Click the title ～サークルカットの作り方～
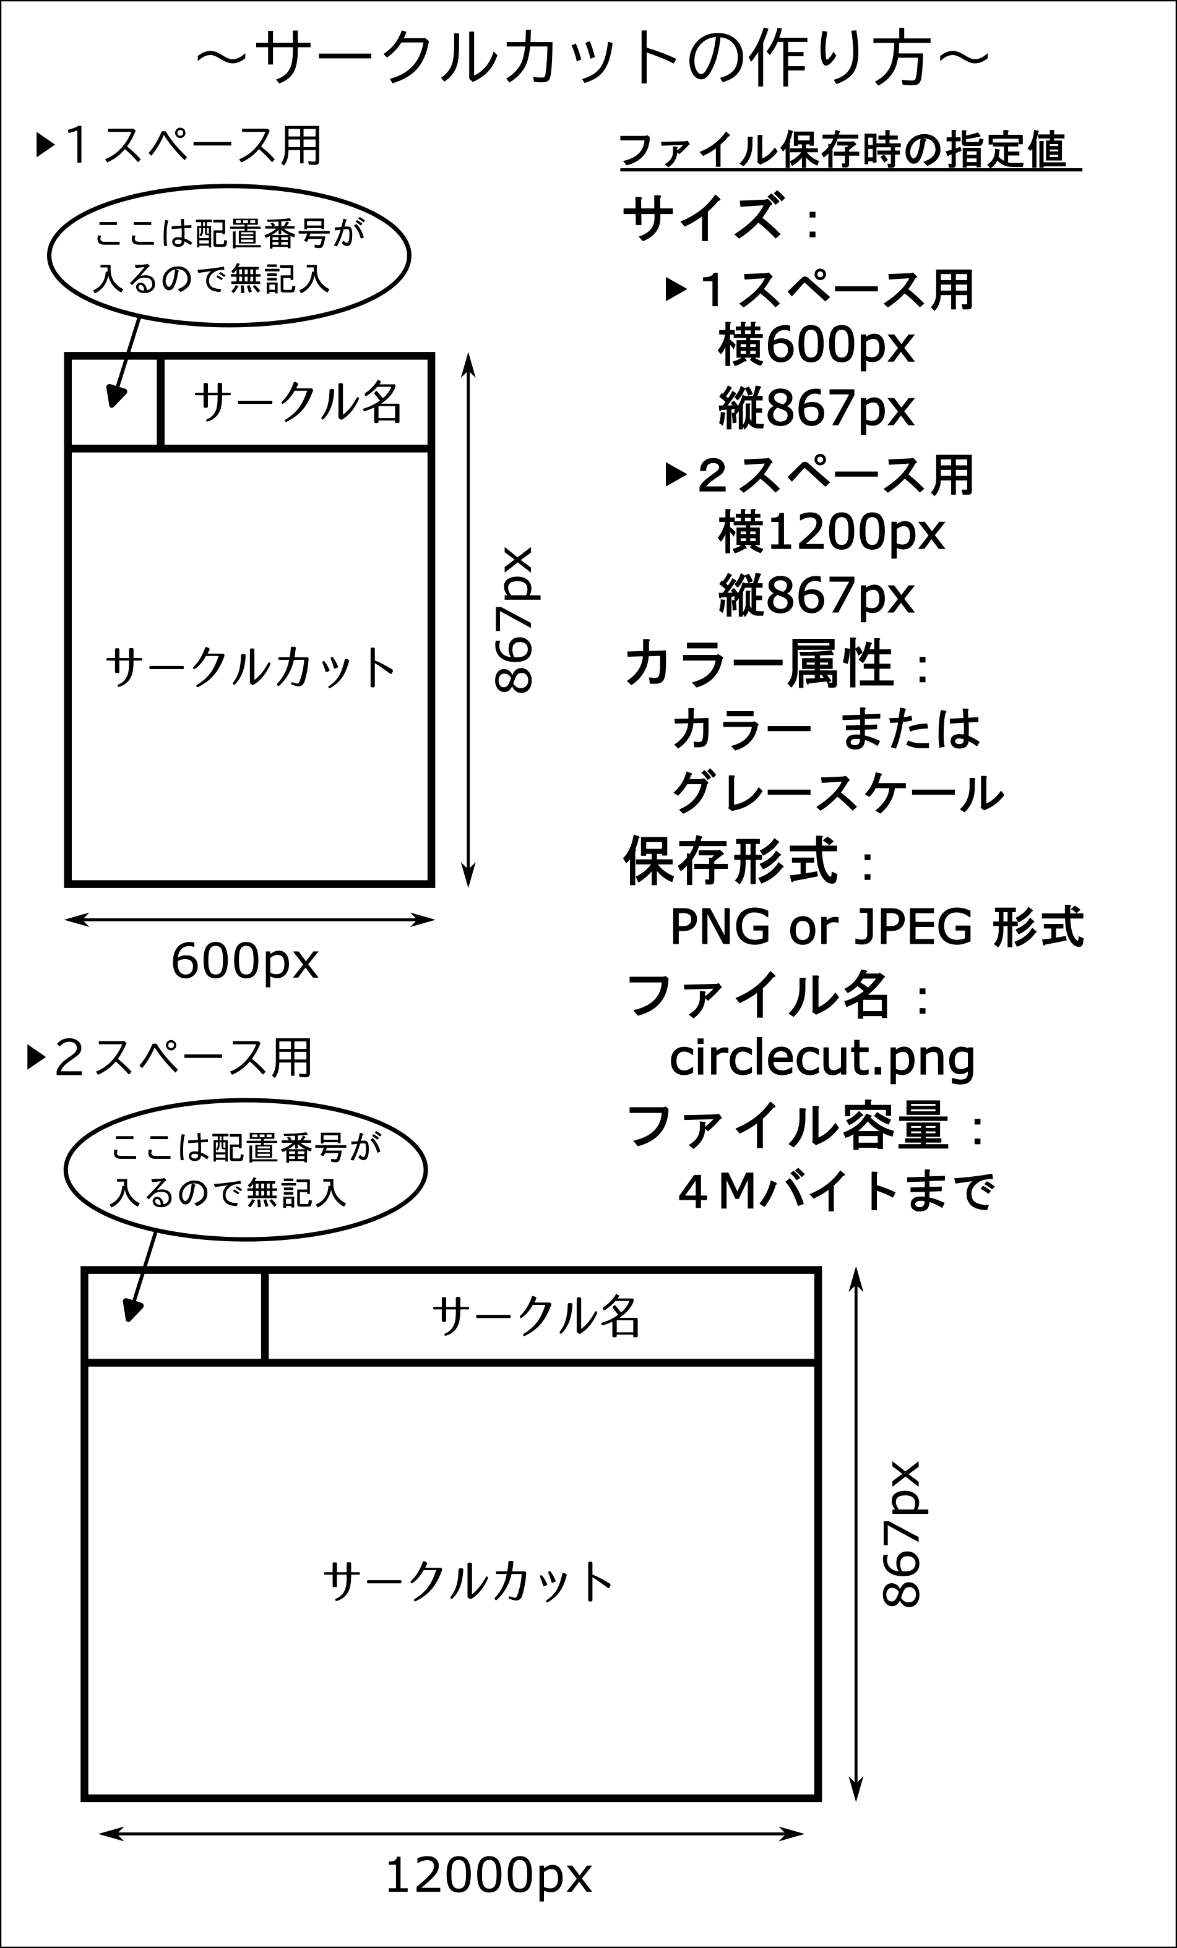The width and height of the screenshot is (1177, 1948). tap(592, 58)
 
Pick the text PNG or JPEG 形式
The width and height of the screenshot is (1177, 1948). tap(876, 926)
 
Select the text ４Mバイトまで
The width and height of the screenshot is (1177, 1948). tap(835, 1192)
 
